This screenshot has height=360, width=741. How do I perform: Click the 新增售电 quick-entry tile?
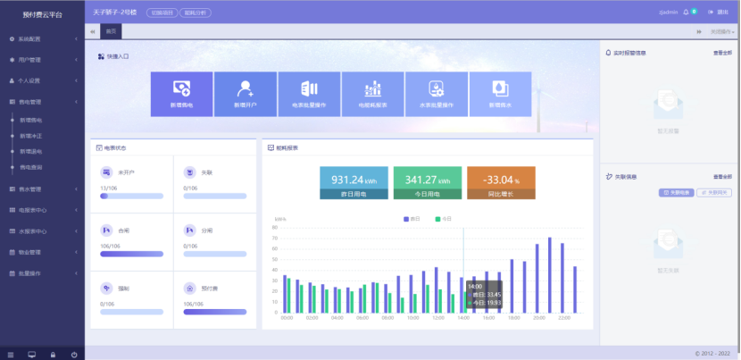[181, 94]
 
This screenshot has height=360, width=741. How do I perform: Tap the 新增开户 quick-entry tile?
[245, 94]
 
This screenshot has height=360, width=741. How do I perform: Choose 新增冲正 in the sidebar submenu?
[31, 135]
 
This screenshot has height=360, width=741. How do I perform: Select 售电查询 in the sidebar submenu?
[31, 167]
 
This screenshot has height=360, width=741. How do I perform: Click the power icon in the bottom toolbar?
[73, 354]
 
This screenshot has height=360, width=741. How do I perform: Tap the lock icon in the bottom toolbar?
[53, 354]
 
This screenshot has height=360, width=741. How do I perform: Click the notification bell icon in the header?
[685, 13]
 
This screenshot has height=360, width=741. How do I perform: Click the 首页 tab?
[111, 31]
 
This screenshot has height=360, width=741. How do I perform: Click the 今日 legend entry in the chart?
[443, 218]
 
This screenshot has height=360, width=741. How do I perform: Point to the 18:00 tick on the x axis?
[514, 317]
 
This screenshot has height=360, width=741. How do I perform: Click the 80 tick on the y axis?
[276, 228]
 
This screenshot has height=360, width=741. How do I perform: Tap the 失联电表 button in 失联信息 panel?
[676, 192]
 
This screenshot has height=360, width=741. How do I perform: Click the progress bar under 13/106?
[131, 195]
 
